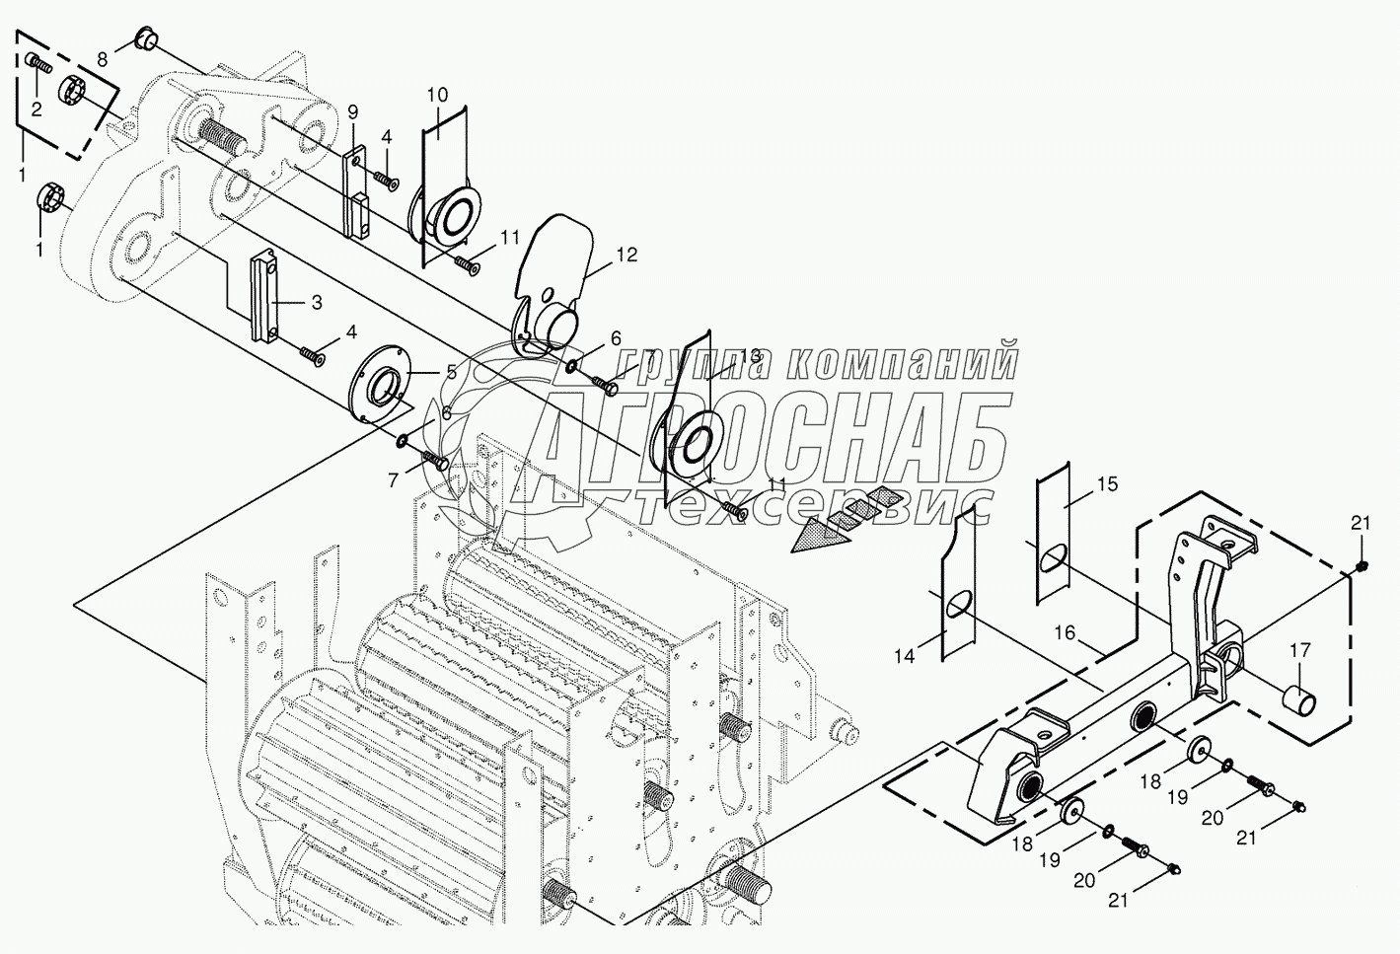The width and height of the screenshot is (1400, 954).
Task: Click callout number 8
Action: point(103,59)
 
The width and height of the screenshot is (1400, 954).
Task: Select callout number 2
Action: point(36,110)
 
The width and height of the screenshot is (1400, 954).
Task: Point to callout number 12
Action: point(626,256)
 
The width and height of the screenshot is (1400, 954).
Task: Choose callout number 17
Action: point(1299,650)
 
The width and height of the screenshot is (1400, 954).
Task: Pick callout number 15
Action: point(1107,484)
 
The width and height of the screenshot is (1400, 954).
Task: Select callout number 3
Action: point(316,303)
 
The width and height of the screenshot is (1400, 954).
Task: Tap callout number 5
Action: point(452,372)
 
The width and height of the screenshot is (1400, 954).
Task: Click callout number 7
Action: point(393,480)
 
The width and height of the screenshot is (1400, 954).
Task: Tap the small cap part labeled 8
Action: point(146,40)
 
